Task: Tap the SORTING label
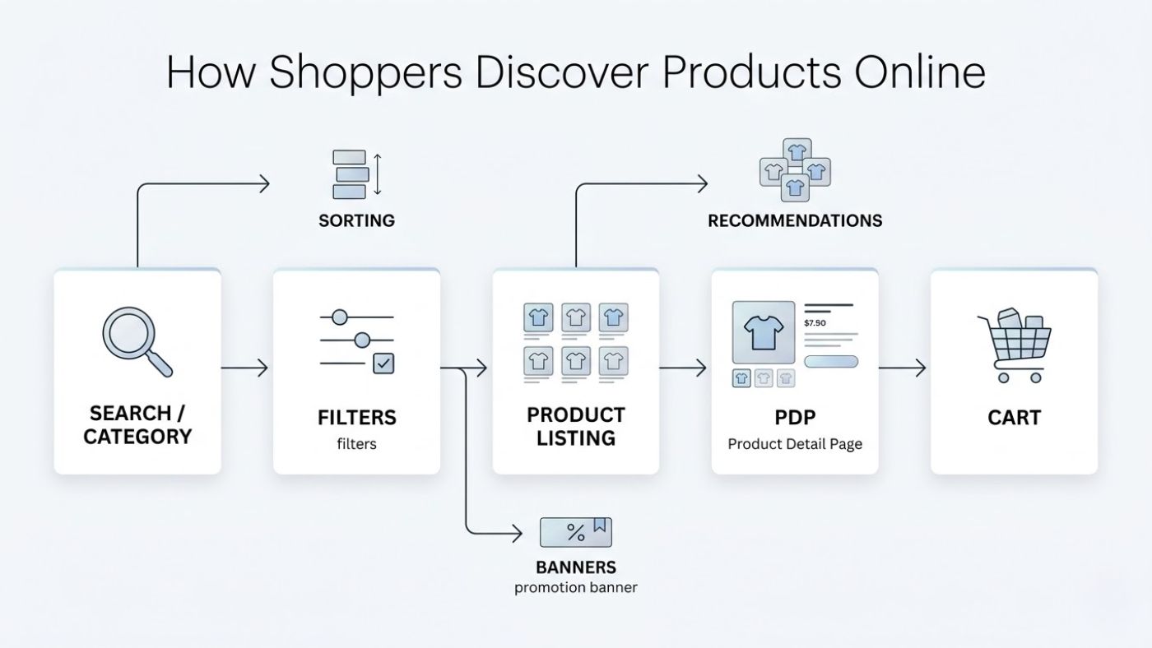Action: [x=356, y=220]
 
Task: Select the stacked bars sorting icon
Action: [x=350, y=174]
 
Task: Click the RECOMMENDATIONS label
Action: [x=795, y=220]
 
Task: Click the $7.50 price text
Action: [x=815, y=323]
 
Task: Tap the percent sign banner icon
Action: [x=576, y=532]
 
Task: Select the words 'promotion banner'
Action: [x=576, y=588]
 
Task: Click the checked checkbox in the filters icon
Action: [x=383, y=363]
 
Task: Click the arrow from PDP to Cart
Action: [x=903, y=368]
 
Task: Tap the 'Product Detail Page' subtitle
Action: [x=795, y=444]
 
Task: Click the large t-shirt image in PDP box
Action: [x=763, y=332]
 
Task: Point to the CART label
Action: [x=1014, y=418]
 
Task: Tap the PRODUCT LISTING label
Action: [x=576, y=426]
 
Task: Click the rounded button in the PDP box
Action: [x=831, y=361]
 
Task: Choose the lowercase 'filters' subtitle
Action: [x=356, y=444]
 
